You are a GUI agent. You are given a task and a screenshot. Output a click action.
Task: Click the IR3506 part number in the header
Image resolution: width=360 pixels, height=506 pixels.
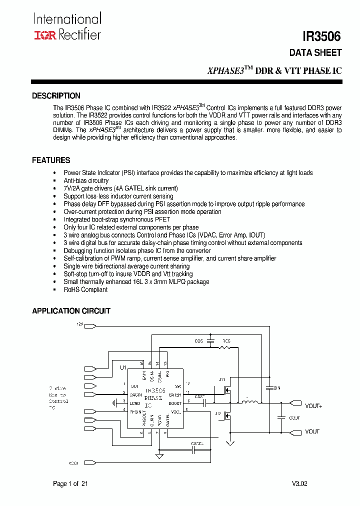[x=321, y=36]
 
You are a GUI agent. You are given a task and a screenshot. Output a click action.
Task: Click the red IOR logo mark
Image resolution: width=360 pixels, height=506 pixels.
[x=45, y=35]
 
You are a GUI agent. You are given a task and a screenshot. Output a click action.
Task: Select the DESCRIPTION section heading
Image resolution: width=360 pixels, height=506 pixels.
[x=56, y=96]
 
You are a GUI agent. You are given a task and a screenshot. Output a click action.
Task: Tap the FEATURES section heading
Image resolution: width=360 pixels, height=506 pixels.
[x=51, y=160]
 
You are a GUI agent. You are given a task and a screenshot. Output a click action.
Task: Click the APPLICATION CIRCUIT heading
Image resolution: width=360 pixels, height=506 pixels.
[x=71, y=311]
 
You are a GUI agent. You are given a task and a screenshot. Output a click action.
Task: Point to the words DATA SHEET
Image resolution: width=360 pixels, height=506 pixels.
[x=315, y=52]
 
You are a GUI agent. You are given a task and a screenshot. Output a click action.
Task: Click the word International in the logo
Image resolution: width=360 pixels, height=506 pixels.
[x=67, y=19]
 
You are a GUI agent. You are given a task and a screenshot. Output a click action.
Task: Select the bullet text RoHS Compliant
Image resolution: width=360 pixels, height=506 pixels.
[x=85, y=289]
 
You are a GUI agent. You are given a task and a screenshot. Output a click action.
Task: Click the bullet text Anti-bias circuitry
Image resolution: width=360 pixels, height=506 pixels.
[x=86, y=180]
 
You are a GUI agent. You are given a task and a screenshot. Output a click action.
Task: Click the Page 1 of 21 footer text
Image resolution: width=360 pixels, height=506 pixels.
[x=70, y=483]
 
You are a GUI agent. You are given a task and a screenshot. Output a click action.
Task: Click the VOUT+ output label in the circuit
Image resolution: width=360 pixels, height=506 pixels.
[x=313, y=406]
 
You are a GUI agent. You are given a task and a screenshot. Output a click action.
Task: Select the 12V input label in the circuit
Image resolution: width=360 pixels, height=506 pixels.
[x=80, y=324]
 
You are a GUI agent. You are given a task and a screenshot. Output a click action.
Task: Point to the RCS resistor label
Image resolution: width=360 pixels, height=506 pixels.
[x=226, y=341]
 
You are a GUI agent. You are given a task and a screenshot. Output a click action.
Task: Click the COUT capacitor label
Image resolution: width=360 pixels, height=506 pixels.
[x=294, y=418]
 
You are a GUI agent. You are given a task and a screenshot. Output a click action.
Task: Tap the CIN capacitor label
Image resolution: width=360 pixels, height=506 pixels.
[x=276, y=387]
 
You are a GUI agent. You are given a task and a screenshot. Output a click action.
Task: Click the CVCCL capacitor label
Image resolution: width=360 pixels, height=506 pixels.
[x=196, y=443]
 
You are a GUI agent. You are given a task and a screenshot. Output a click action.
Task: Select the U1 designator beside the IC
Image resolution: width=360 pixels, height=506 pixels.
[x=123, y=367]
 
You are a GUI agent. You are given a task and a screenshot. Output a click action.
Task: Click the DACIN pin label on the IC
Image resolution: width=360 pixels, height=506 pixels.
[x=135, y=395]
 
